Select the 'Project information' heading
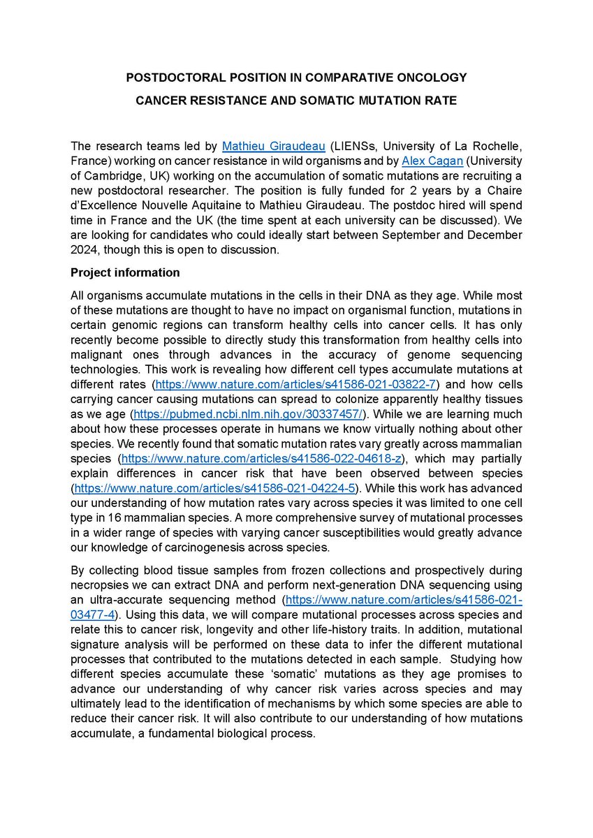coord(125,272)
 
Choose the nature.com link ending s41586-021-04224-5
coord(212,488)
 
